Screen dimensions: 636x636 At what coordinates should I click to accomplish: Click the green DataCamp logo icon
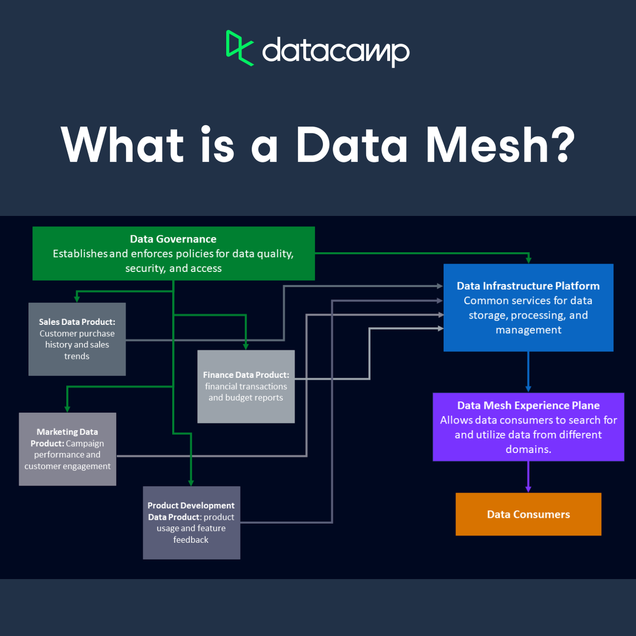[x=239, y=48]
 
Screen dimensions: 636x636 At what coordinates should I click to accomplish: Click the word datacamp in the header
[x=335, y=52]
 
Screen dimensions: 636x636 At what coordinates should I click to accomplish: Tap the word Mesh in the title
[x=487, y=145]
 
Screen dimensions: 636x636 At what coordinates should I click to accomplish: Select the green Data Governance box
[x=173, y=253]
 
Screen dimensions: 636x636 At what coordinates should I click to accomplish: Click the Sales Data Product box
[x=77, y=339]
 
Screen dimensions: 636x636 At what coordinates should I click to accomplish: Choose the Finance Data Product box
[x=246, y=386]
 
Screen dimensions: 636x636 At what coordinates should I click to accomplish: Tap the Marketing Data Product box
[x=67, y=449]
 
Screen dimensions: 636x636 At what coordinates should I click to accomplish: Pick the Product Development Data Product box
[x=191, y=523]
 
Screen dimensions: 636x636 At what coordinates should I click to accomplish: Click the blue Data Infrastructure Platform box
[x=528, y=307]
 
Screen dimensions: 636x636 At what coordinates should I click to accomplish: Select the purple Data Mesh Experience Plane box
[x=528, y=427]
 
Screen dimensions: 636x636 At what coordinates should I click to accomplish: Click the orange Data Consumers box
[x=528, y=514]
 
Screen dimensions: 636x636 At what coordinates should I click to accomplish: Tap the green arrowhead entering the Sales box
[x=77, y=299]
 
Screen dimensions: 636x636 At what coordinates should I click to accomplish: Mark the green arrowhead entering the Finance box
[x=246, y=346]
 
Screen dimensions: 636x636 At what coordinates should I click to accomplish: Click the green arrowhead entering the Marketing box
[x=67, y=409]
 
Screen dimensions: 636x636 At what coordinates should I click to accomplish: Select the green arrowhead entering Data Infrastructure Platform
[x=528, y=260]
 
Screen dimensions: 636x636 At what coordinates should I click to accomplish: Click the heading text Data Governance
[x=173, y=239]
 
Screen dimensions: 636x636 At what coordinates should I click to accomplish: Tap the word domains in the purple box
[x=528, y=449]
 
